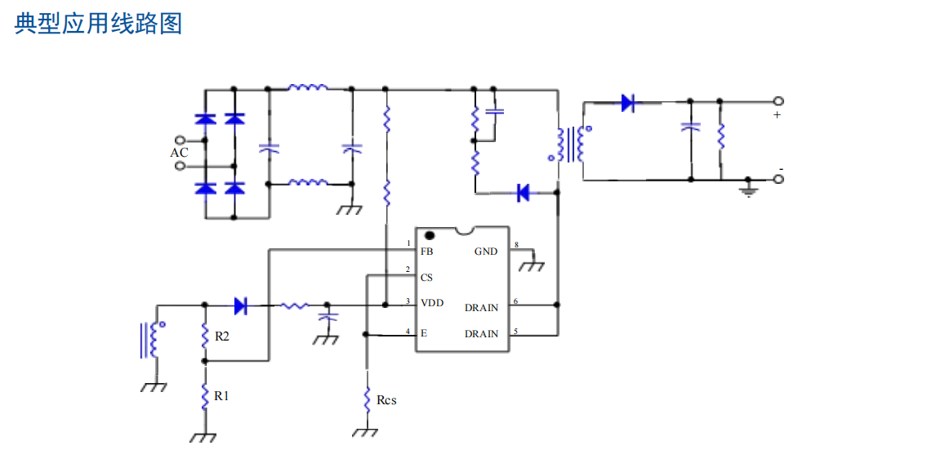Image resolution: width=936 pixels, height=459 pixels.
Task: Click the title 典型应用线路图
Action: [98, 24]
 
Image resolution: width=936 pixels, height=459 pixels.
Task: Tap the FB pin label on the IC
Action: [427, 252]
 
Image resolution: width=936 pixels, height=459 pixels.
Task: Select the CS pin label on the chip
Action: [427, 278]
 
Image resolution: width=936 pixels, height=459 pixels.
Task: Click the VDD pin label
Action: [432, 303]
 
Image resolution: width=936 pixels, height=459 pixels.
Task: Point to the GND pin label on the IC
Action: [486, 252]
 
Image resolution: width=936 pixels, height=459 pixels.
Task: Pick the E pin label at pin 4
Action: [423, 333]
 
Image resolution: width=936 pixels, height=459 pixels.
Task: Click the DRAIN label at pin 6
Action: [481, 308]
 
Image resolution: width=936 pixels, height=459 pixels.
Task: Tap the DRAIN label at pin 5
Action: [481, 334]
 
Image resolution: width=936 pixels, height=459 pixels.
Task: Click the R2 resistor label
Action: [222, 336]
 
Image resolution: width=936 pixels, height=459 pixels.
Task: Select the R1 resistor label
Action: [222, 395]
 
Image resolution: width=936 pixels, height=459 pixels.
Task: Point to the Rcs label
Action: [386, 400]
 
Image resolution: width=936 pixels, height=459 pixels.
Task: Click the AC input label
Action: [179, 153]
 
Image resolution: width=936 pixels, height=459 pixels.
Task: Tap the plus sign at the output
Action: [777, 115]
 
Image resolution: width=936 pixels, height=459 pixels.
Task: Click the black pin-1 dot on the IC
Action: [429, 236]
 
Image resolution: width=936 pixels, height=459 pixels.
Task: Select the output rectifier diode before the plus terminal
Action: [627, 103]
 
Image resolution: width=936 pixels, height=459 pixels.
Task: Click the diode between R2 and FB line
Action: [241, 305]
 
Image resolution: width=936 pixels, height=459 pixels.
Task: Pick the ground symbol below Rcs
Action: [365, 432]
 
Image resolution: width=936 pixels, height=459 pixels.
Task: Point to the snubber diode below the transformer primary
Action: [524, 193]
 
